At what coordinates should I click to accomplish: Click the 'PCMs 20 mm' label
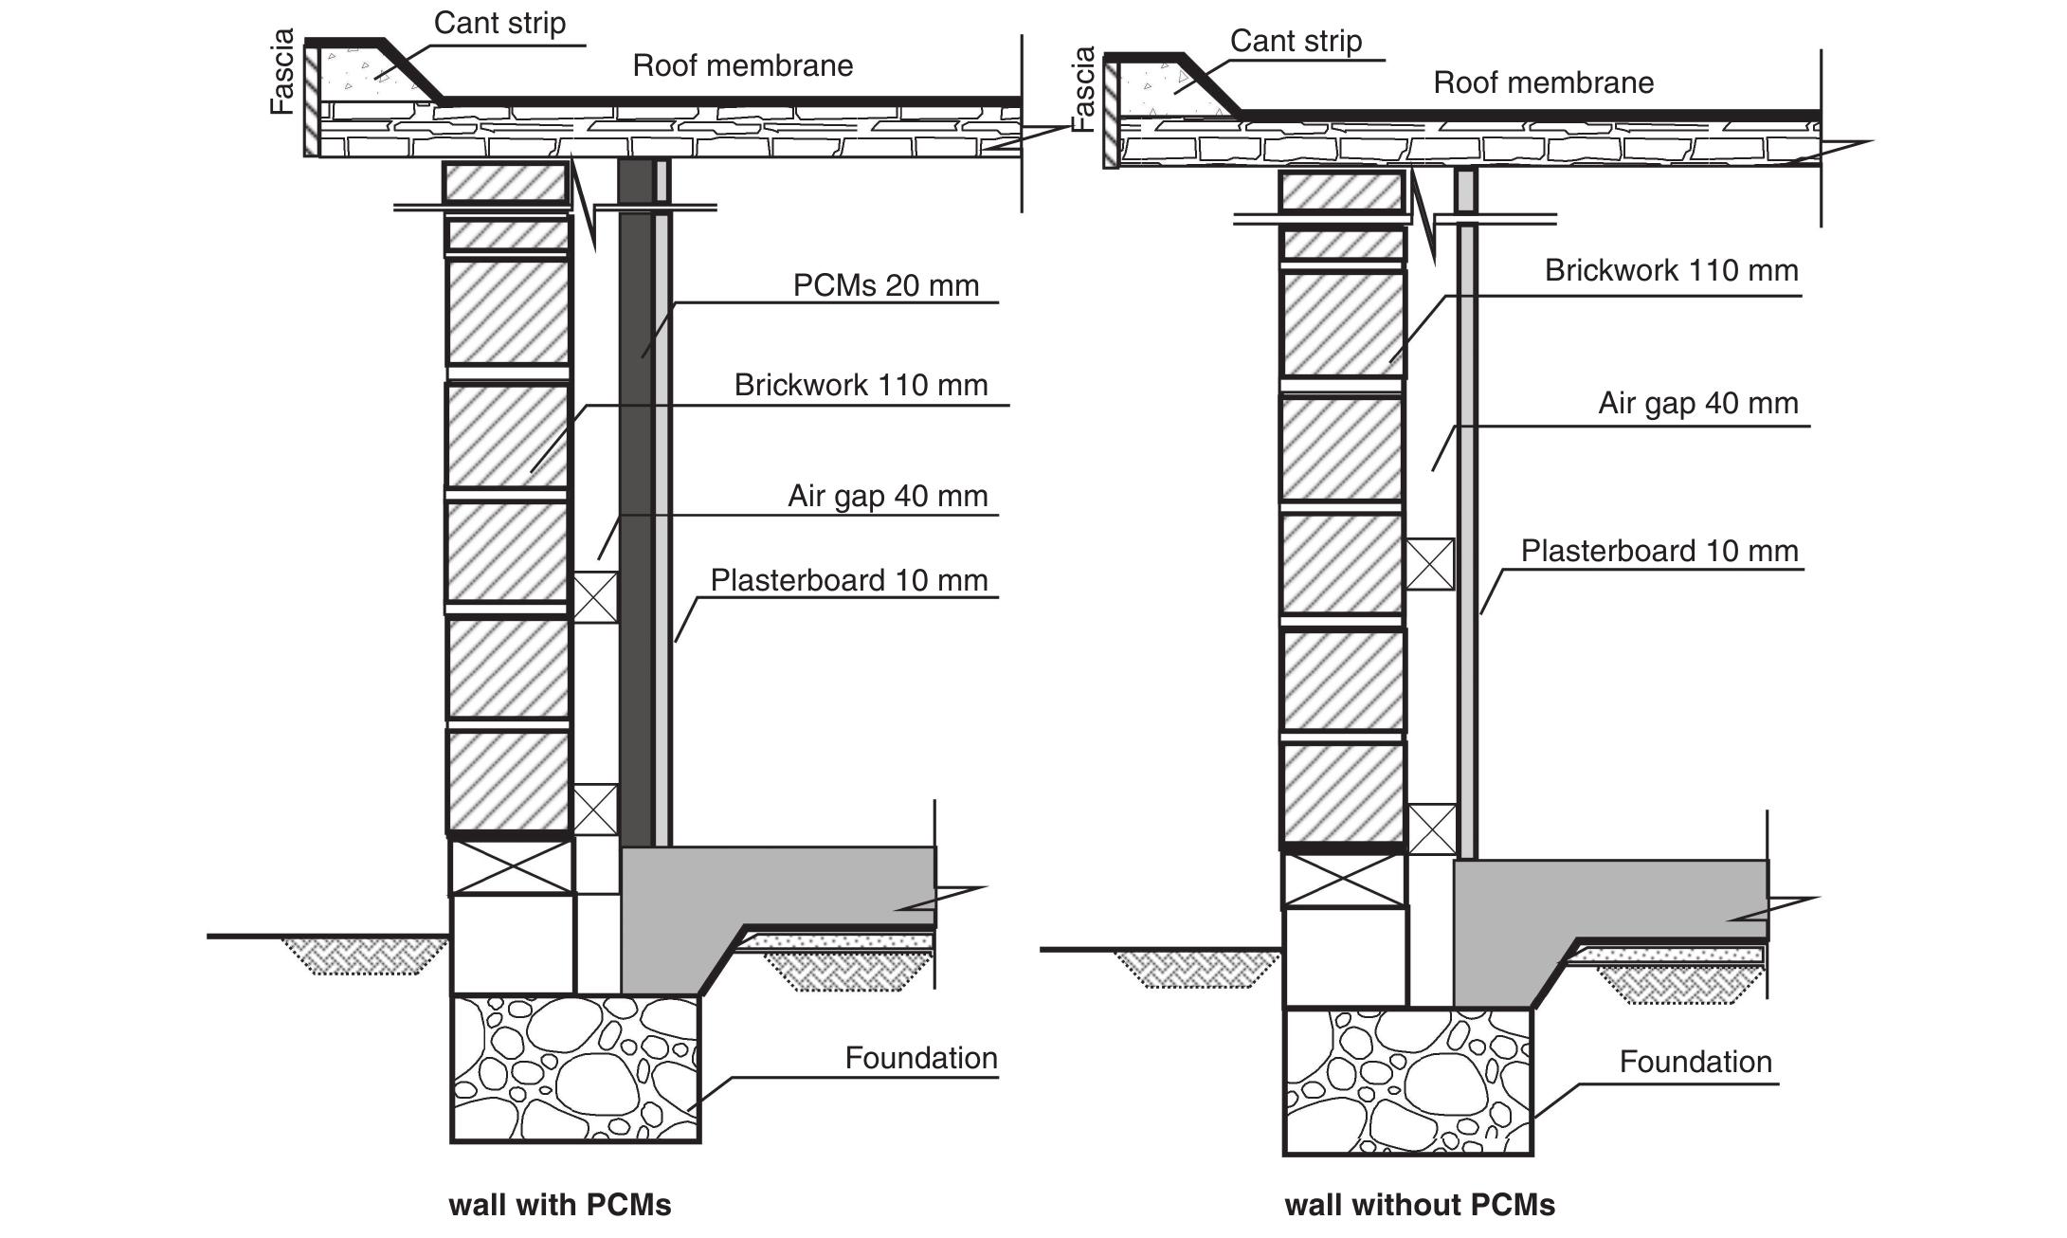point(885,285)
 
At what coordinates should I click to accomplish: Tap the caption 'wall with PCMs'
point(559,1205)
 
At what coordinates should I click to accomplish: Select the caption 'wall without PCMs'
point(1419,1205)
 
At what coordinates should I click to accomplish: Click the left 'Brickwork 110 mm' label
point(861,385)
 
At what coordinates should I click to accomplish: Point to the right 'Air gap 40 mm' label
point(1697,403)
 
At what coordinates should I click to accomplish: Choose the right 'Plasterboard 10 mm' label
point(1659,551)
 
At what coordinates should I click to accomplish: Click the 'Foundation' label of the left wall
point(920,1058)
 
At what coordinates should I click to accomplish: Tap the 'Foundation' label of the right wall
point(1695,1062)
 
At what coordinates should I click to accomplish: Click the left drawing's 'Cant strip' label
point(499,23)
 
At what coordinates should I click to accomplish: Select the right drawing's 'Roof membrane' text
point(1543,82)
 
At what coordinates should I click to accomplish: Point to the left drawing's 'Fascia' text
point(282,72)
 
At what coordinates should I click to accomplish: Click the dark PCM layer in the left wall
point(635,521)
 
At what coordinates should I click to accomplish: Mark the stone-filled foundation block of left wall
point(575,1068)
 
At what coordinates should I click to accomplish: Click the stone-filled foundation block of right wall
point(1407,1081)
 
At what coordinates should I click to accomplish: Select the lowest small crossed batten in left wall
point(595,810)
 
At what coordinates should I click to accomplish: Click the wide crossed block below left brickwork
point(511,866)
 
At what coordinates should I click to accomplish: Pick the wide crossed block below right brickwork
point(1343,881)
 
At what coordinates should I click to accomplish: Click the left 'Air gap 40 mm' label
point(887,496)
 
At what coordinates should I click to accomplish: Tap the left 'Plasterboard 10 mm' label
point(848,580)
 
